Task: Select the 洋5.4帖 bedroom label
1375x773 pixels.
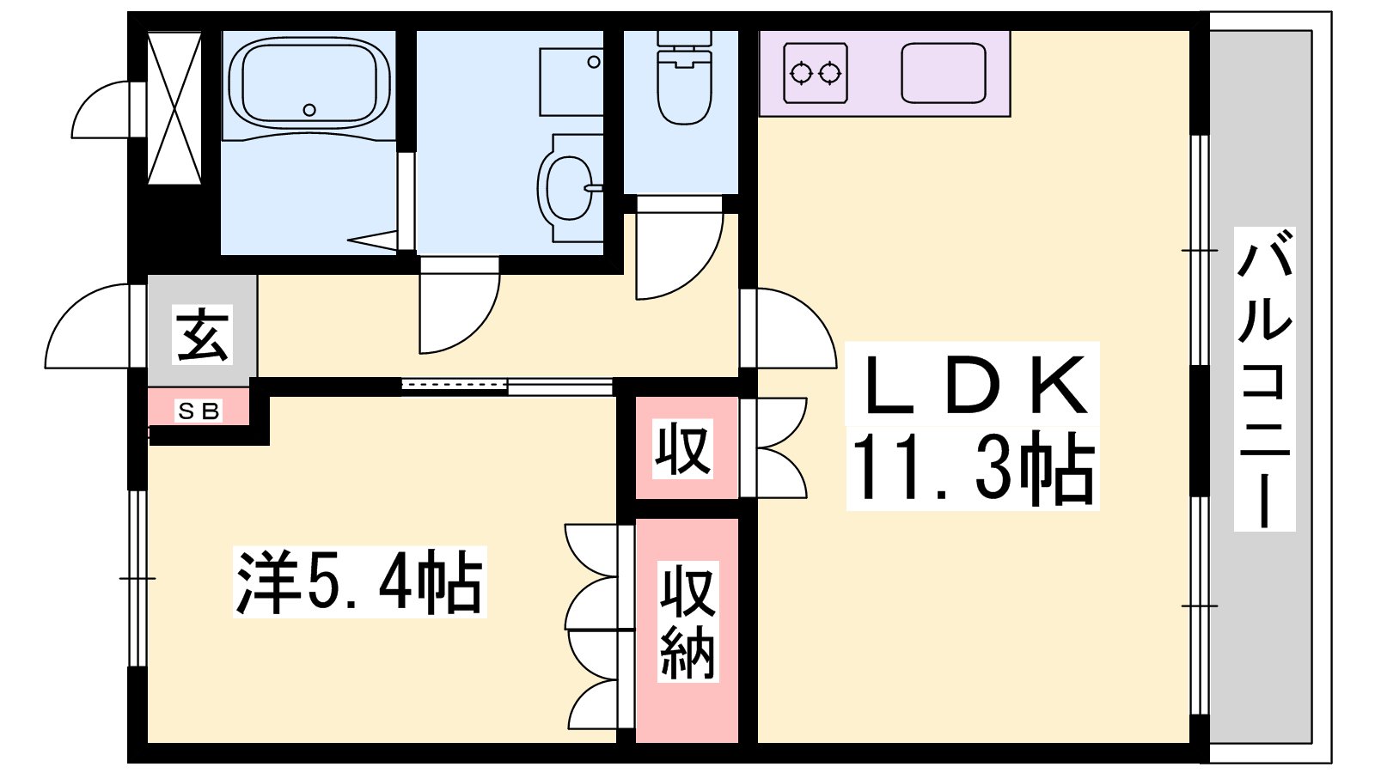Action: [360, 581]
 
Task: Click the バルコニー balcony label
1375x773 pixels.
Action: [1264, 379]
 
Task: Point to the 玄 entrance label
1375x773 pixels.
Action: [202, 334]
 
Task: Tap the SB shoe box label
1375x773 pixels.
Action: [198, 411]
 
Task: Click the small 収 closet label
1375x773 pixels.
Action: [683, 447]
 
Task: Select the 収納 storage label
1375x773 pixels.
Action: [687, 621]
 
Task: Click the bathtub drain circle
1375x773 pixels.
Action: [309, 111]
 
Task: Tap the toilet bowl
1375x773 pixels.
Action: [684, 86]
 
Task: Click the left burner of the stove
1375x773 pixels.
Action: [800, 74]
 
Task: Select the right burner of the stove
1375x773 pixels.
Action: [830, 74]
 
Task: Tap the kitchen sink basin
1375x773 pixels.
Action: [944, 73]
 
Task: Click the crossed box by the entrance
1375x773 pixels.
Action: [174, 107]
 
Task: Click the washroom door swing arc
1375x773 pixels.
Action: [460, 306]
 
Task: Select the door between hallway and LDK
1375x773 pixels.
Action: [789, 328]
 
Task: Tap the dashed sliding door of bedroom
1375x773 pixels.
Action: [455, 385]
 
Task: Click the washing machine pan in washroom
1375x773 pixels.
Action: [571, 82]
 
